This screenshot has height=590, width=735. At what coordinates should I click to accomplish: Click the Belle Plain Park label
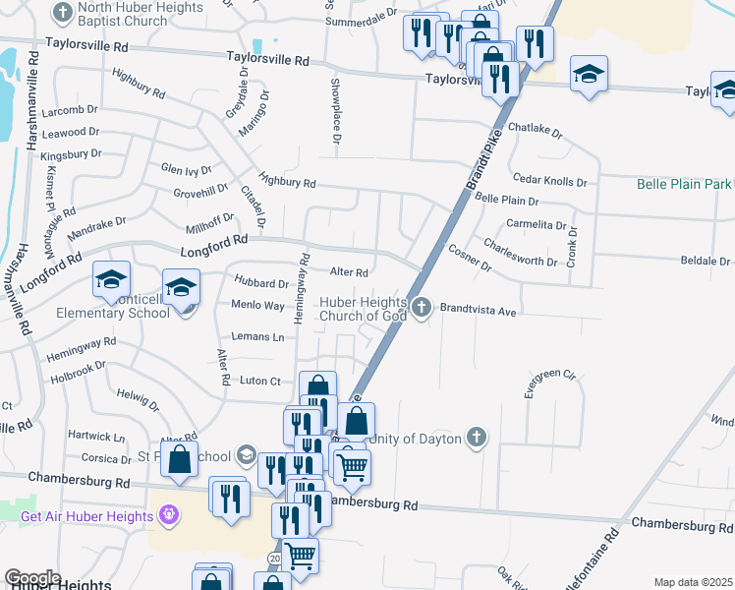(685, 184)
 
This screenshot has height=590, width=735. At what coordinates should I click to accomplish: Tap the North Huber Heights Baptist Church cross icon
(63, 14)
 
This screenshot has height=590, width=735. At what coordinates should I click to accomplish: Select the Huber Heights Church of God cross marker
(422, 308)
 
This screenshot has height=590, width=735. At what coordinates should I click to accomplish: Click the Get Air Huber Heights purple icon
(168, 515)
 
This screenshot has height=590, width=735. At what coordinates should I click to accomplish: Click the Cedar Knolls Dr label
(549, 182)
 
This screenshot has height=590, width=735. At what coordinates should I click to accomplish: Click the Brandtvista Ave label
(478, 310)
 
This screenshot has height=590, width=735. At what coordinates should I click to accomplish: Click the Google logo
(32, 578)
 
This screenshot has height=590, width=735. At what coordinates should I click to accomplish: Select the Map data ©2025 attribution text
(693, 582)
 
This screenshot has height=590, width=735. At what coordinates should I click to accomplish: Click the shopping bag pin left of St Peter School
(179, 460)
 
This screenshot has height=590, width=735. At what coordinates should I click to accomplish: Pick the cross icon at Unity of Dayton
(476, 438)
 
